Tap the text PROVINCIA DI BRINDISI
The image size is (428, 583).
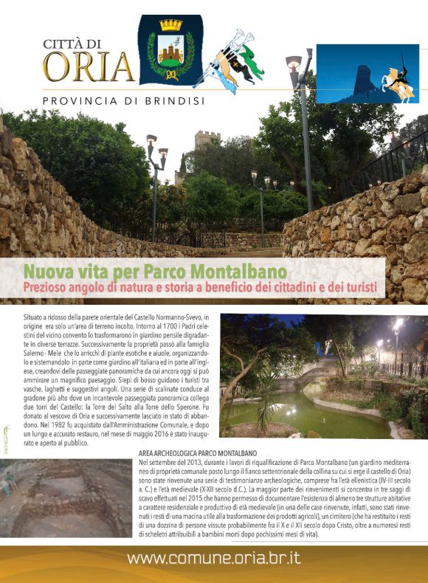coord(123,100)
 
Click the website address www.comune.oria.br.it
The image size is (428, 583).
coord(213,557)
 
